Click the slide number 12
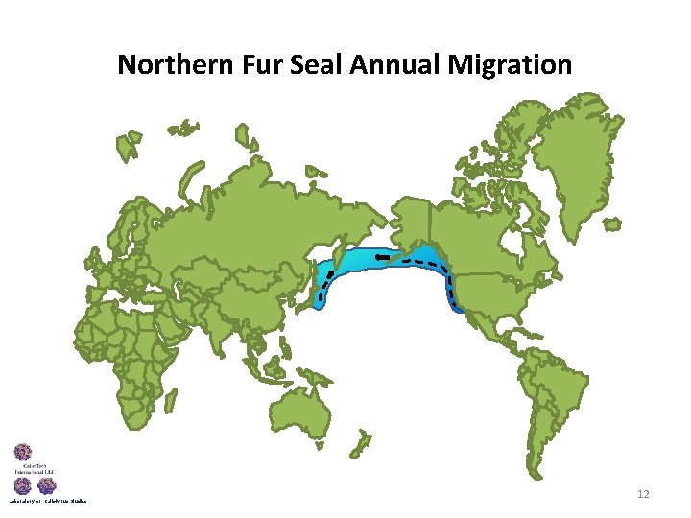[643, 494]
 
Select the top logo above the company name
[23, 453]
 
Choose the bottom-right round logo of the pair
[47, 487]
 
